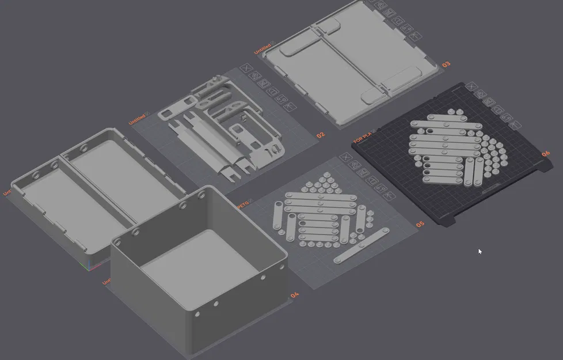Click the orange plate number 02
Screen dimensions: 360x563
coord(321,135)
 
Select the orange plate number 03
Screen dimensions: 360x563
coord(446,65)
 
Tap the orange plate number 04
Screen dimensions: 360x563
coord(295,295)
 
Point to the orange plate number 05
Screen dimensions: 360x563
coord(420,223)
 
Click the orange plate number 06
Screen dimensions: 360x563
coord(545,154)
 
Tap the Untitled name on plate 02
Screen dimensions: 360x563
coord(138,119)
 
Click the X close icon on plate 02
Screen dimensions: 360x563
coord(246,68)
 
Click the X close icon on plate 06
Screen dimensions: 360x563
coord(472,86)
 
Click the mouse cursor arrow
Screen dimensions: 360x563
coord(480,251)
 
